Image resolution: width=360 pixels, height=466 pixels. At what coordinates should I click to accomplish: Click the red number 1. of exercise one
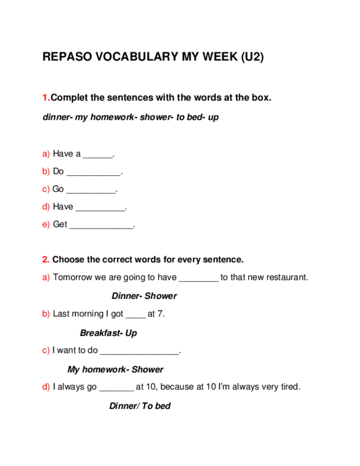click(x=46, y=98)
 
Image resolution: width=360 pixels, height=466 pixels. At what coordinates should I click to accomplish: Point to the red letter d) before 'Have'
click(x=46, y=207)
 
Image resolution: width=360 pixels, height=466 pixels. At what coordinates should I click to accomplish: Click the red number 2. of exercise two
click(x=46, y=259)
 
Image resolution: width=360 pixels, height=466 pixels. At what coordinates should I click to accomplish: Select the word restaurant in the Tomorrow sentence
click(x=286, y=278)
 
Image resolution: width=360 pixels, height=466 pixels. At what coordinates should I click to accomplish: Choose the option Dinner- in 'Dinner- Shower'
click(x=127, y=296)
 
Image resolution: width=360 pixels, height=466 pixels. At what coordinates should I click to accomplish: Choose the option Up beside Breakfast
click(x=131, y=333)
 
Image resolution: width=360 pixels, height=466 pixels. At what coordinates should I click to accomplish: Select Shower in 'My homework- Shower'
click(x=147, y=370)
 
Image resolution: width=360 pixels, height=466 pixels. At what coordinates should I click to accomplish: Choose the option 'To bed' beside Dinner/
click(x=156, y=406)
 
